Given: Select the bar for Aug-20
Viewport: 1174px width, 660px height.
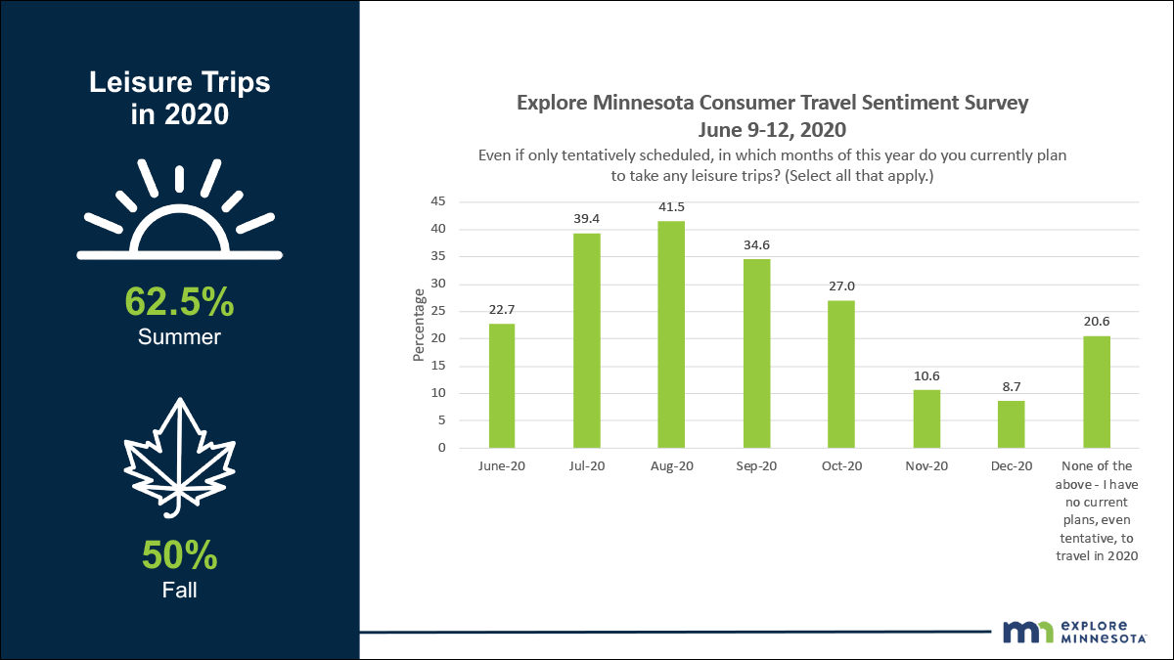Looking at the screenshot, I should (671, 334).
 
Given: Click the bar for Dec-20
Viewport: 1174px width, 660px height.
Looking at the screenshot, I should (1012, 424).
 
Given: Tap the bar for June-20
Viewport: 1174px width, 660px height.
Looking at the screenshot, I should (502, 385).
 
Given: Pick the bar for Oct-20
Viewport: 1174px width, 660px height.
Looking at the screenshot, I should (841, 374).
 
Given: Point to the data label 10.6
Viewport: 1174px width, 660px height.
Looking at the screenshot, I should (926, 376).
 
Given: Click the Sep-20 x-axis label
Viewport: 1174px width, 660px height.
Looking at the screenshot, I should (756, 466).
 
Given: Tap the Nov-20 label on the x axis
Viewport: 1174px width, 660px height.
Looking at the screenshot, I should (926, 466).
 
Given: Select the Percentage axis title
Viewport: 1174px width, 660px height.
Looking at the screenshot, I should (420, 325).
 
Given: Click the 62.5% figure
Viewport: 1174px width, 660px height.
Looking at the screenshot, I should (180, 302).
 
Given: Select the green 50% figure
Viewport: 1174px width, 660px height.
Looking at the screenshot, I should (180, 555).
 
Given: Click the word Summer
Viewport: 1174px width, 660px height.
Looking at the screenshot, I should (180, 337).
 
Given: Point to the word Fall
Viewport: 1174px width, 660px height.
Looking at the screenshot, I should (180, 590).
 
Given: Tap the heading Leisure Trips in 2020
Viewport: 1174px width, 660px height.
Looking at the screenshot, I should (180, 98).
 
